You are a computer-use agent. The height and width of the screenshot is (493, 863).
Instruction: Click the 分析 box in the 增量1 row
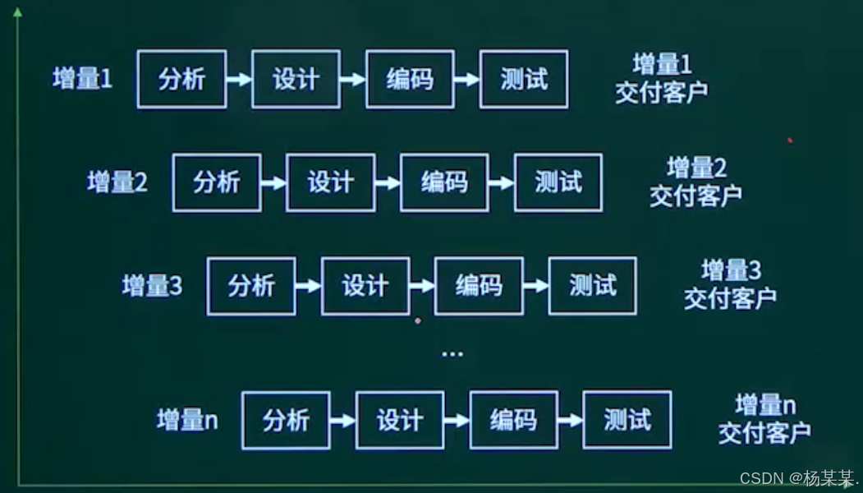(181, 80)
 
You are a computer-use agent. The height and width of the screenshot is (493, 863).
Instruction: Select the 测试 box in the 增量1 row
(524, 80)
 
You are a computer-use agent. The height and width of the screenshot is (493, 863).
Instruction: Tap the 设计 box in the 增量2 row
(330, 182)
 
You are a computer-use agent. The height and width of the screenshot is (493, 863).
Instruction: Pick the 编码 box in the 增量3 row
(479, 286)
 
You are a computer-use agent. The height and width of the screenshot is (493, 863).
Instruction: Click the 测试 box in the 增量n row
(627, 420)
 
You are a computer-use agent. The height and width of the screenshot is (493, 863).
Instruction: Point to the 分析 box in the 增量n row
(286, 420)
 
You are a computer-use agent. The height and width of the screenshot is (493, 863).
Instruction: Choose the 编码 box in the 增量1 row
(410, 80)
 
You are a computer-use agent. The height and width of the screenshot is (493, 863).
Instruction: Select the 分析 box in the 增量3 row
(251, 286)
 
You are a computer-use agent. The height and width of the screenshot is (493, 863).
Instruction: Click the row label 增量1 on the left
(82, 80)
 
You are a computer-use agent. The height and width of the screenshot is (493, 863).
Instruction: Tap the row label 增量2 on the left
(117, 182)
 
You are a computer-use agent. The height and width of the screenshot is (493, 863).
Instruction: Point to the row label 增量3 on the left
(152, 286)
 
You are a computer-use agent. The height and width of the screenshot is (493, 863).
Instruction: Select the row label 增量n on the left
(187, 420)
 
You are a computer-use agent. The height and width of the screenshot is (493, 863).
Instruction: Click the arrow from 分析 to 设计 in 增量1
(239, 80)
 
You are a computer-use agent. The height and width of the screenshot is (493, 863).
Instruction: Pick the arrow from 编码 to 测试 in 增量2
(501, 182)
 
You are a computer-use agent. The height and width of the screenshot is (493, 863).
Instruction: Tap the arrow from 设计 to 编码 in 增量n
(457, 420)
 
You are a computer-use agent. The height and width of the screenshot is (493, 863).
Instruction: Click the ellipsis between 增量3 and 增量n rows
(452, 353)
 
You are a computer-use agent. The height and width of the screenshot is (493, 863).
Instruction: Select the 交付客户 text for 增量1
(661, 91)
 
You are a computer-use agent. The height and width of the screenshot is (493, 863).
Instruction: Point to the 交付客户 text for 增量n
(764, 432)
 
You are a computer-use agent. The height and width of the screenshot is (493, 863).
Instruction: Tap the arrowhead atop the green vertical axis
(17, 12)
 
